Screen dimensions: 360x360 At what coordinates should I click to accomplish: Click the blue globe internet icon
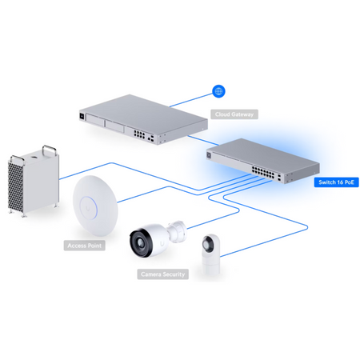pos(218,91)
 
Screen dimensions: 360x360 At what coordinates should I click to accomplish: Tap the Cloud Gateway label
pos(234,114)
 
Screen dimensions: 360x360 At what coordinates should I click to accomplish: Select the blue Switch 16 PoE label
pos(336,182)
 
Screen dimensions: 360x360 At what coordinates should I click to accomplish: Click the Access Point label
pos(85,246)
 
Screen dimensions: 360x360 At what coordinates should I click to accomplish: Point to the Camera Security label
pos(162,274)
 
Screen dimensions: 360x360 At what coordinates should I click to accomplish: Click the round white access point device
pos(95,206)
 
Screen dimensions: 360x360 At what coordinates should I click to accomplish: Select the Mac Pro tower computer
pos(33,182)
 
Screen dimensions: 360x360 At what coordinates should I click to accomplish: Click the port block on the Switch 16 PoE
pos(263,172)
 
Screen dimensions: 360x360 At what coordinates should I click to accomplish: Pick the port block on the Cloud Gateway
pos(139,134)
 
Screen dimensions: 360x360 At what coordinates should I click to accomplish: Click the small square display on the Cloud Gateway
pos(82,116)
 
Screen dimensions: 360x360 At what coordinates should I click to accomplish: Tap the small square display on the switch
pos(209,155)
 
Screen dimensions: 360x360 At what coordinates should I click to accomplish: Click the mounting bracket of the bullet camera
pos(177,230)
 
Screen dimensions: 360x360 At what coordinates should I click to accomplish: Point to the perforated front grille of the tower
pos(15,186)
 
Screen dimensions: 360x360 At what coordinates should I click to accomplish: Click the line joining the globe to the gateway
pos(191,100)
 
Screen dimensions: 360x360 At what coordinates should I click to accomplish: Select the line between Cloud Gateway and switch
pos(203,141)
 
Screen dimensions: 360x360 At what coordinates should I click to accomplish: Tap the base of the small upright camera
pos(210,266)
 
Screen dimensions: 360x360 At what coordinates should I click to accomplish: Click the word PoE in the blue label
pos(349,182)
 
